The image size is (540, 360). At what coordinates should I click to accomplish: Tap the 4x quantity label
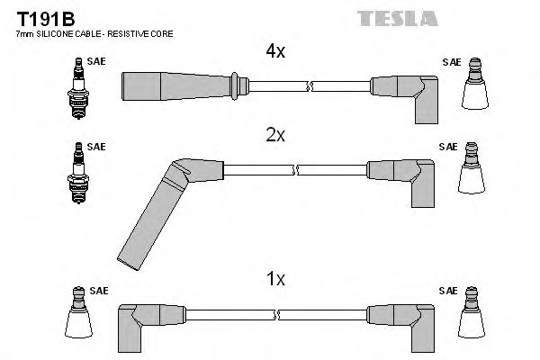tap(274, 52)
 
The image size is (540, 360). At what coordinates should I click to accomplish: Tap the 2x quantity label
tap(274, 136)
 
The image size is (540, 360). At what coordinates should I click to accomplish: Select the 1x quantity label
tap(274, 280)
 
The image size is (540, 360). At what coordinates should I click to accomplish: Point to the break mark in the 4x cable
tap(310, 86)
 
